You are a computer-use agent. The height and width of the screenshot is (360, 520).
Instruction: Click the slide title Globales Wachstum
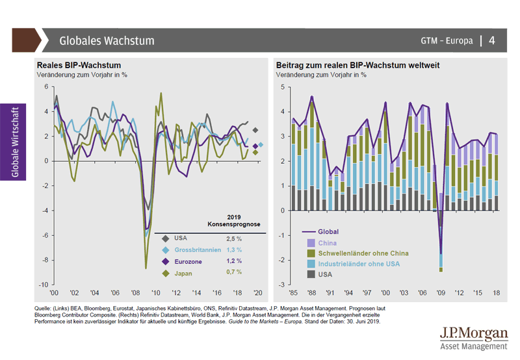107,40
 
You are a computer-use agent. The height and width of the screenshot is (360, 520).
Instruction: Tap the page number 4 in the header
492,40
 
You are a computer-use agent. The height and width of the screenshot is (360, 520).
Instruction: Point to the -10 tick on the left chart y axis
45,285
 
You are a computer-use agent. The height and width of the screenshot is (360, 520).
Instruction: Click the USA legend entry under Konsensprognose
181,238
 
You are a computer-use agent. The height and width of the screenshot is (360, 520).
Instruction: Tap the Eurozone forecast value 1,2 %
234,261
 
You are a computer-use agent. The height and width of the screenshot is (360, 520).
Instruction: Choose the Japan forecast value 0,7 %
234,273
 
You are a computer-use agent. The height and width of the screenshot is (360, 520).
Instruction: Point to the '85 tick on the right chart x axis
294,292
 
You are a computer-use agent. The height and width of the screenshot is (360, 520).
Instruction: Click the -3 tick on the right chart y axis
283,285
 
